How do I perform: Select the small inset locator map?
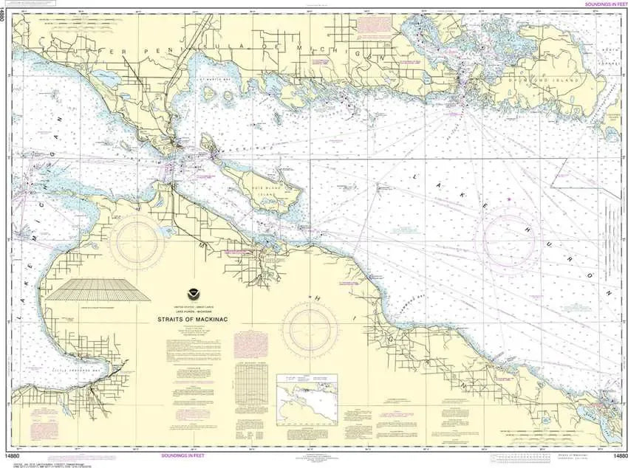(x=307, y=399)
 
